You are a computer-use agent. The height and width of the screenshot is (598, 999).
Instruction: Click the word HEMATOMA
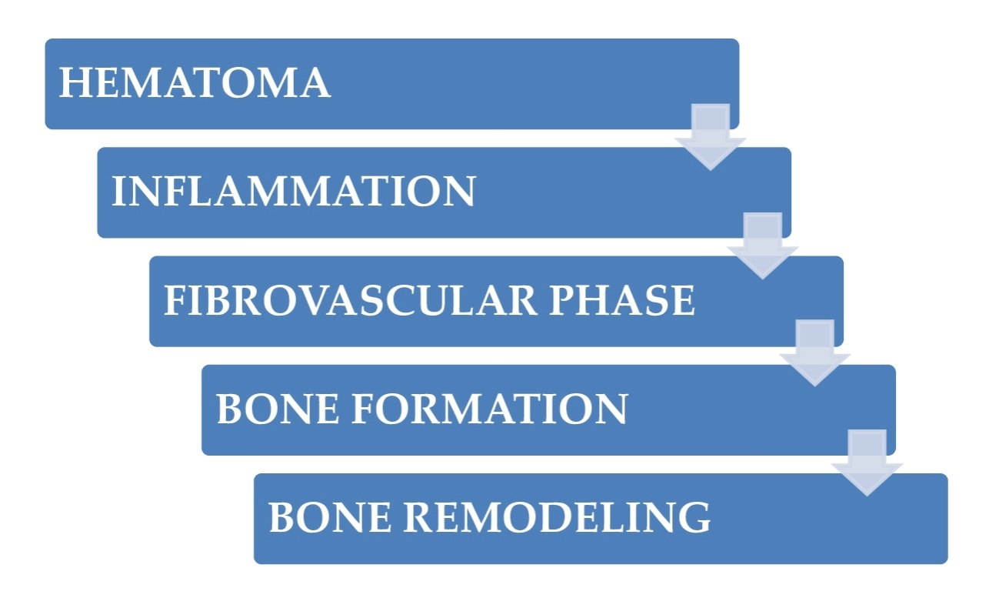click(x=195, y=83)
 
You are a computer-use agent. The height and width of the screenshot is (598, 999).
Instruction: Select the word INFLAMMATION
click(x=293, y=192)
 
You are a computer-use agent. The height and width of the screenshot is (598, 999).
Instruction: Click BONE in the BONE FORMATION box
click(x=269, y=409)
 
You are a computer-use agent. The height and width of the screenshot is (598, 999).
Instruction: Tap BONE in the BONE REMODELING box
click(x=321, y=518)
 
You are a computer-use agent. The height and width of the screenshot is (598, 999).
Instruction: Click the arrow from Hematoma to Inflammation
click(x=711, y=136)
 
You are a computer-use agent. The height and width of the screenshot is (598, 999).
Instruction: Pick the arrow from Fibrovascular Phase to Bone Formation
click(x=814, y=353)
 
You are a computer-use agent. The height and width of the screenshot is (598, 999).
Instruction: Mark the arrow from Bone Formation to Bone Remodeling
click(x=867, y=463)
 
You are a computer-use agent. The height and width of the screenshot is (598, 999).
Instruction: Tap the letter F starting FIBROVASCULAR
click(x=175, y=301)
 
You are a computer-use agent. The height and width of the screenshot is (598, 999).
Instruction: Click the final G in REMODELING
click(x=695, y=518)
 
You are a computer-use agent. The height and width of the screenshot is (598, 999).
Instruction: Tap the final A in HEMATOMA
click(x=315, y=83)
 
